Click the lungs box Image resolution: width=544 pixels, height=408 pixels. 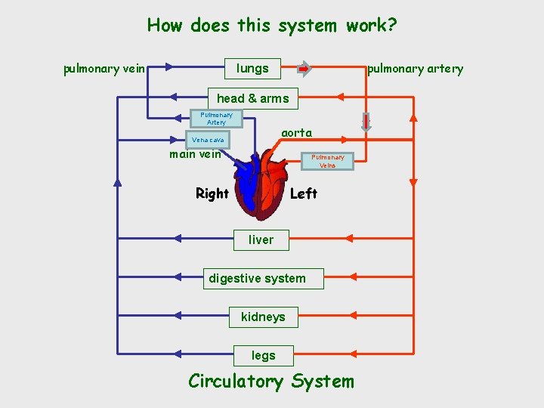click(x=252, y=69)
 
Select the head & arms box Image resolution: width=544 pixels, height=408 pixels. click(x=252, y=98)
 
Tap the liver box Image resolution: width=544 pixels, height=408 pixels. click(x=261, y=240)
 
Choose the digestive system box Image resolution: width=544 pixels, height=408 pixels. click(x=258, y=278)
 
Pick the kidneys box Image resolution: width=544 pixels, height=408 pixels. click(x=263, y=317)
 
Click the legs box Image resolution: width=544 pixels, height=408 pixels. click(x=263, y=355)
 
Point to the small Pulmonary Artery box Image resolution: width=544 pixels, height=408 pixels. click(x=216, y=119)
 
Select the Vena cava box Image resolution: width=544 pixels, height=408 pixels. click(x=208, y=140)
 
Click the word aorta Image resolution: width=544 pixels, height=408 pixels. click(x=296, y=132)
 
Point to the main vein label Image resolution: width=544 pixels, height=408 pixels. click(x=195, y=155)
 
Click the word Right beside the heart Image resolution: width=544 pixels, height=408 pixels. click(x=212, y=193)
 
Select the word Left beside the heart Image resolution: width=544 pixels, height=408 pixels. click(x=304, y=193)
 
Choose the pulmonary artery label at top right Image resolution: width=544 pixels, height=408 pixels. click(x=415, y=69)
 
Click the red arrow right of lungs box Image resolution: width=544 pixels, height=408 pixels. click(x=304, y=69)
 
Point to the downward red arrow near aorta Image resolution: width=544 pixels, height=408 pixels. click(x=366, y=123)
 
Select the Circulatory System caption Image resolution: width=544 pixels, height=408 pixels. click(x=271, y=381)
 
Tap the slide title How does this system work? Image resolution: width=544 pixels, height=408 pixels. click(x=272, y=26)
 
